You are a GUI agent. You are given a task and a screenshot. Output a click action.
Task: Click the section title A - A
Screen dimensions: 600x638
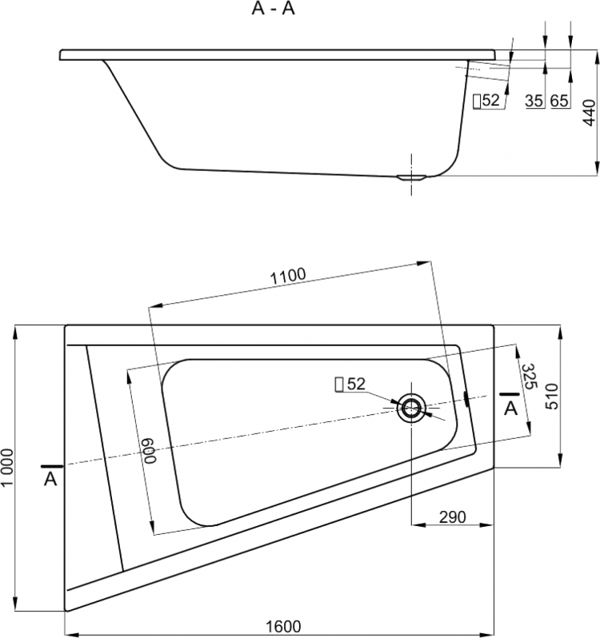[x=273, y=8]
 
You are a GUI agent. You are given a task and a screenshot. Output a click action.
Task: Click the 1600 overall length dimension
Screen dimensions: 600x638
[x=284, y=626]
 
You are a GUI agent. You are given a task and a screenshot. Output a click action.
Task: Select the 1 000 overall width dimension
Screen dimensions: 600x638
[x=7, y=468]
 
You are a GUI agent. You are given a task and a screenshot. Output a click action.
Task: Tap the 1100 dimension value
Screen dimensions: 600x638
[x=288, y=276]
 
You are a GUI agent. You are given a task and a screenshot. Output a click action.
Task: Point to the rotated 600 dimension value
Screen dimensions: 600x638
[x=150, y=450]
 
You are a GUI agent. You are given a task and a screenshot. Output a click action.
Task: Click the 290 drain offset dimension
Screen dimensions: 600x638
[x=452, y=516]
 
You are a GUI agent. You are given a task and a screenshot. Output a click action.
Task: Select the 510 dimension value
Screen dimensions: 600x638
[x=552, y=397]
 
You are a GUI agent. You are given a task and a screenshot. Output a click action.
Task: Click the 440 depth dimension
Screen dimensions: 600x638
[x=589, y=113]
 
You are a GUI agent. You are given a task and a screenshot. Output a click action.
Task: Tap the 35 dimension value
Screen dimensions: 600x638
[x=534, y=101]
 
